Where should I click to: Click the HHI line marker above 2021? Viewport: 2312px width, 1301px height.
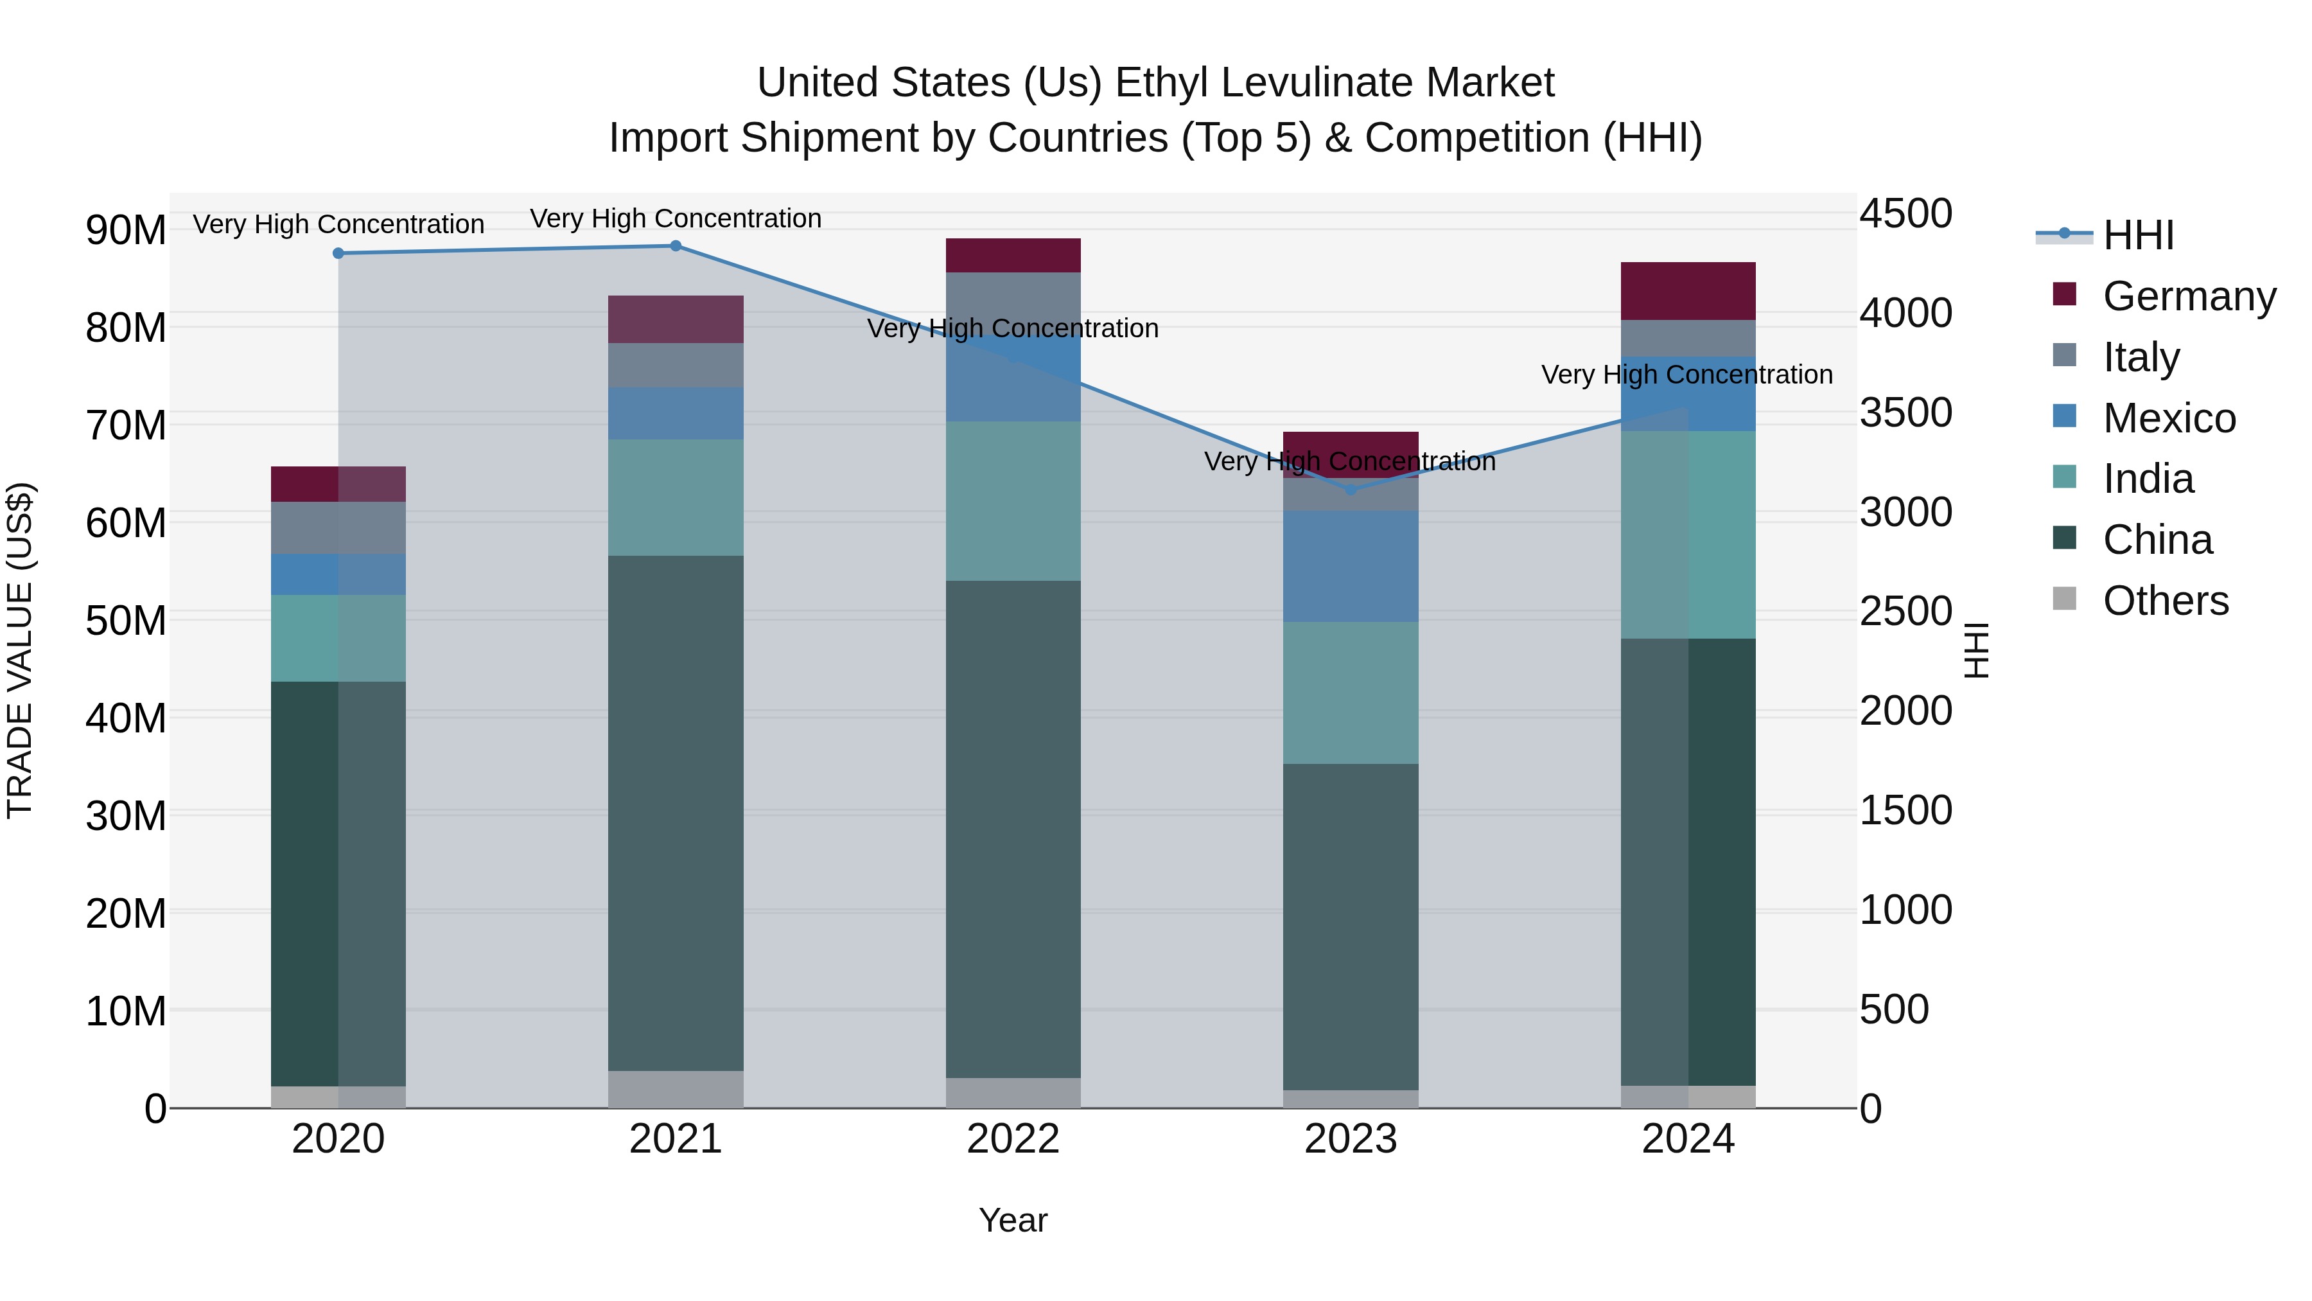[676, 246]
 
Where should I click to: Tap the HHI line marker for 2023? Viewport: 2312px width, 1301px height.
[1351, 490]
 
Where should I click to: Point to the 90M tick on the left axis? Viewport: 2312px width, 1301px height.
[126, 231]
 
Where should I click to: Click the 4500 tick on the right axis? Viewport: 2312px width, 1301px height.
[1905, 215]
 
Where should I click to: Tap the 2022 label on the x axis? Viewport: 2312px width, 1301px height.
[1013, 1139]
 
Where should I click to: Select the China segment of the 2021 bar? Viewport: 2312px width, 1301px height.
[676, 813]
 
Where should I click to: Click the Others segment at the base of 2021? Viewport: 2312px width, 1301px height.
[676, 1088]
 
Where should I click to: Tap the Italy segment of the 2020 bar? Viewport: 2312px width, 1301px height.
[338, 528]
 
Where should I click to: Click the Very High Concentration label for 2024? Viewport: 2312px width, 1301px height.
[1686, 375]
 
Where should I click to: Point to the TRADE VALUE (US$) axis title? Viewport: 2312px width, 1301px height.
[20, 650]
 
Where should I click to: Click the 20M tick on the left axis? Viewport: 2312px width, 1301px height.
[126, 914]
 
